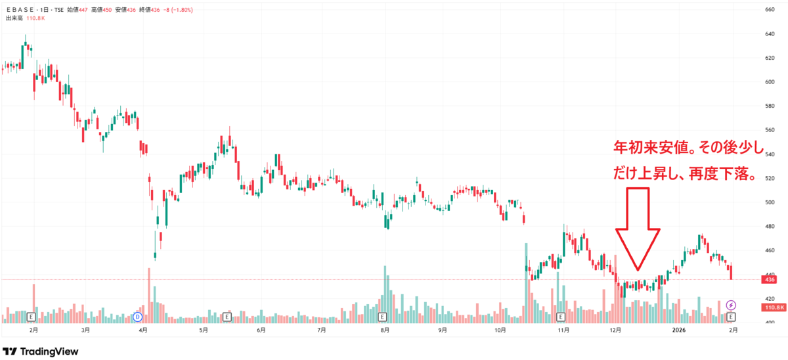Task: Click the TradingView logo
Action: [x=41, y=351]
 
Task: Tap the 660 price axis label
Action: [x=770, y=9]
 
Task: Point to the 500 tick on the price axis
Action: [x=770, y=202]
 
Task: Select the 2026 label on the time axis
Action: [x=678, y=330]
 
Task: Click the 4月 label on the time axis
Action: [x=143, y=330]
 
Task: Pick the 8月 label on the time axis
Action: [x=385, y=330]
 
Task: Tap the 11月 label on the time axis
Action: [x=563, y=330]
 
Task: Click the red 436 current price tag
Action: [x=770, y=280]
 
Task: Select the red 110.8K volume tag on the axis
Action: [x=774, y=307]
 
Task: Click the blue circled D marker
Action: [x=137, y=317]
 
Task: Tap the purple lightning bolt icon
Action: [x=731, y=305]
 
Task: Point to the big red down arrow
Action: [x=638, y=229]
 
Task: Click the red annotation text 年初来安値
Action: [x=651, y=148]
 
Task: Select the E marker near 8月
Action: [x=382, y=317]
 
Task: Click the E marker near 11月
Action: [x=560, y=317]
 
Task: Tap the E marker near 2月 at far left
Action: [x=31, y=317]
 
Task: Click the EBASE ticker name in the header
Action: [x=20, y=10]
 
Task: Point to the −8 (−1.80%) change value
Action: [x=178, y=10]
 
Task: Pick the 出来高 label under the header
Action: [x=14, y=18]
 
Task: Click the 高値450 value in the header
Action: [x=101, y=10]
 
